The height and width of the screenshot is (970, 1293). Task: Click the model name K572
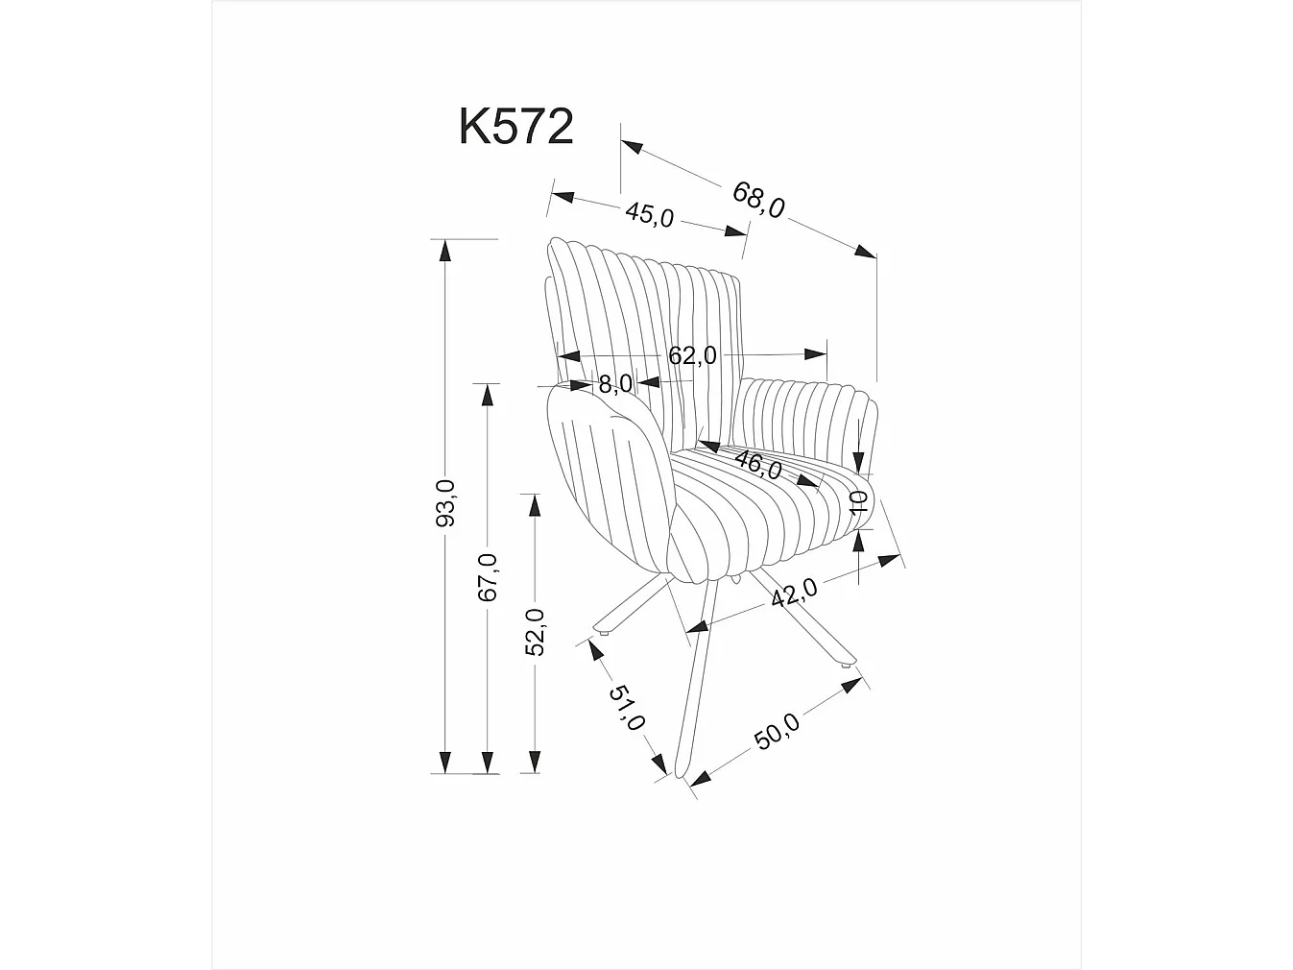point(515,127)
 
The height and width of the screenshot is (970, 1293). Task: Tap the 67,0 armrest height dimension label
point(488,578)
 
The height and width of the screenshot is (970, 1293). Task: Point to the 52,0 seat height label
point(534,631)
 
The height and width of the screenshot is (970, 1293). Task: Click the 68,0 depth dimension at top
point(758,199)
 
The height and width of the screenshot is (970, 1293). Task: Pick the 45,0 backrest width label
point(650,214)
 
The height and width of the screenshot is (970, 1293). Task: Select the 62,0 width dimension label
point(692,355)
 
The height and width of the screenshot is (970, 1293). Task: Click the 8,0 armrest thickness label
point(614,384)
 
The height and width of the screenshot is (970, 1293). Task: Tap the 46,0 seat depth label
point(757,466)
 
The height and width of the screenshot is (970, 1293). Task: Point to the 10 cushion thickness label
point(859,501)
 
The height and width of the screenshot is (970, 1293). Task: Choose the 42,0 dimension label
point(794,593)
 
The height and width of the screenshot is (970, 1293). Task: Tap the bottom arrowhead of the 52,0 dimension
point(531,763)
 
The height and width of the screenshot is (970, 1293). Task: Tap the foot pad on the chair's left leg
point(606,634)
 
